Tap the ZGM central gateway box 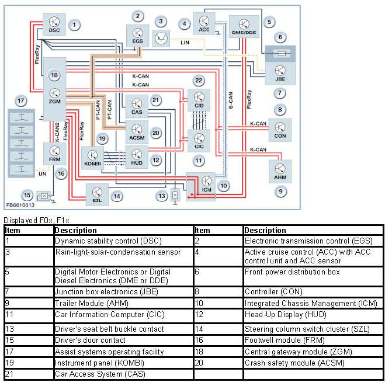pyautogui.click(x=55, y=93)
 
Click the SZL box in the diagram pyautogui.click(x=97, y=193)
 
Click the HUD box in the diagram pyautogui.click(x=137, y=157)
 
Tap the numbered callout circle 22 pyautogui.click(x=199, y=80)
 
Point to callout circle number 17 pyautogui.click(x=21, y=100)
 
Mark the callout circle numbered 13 pyautogui.click(x=161, y=196)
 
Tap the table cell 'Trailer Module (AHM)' pyautogui.click(x=122, y=303)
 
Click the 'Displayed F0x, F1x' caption pyautogui.click(x=36, y=220)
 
